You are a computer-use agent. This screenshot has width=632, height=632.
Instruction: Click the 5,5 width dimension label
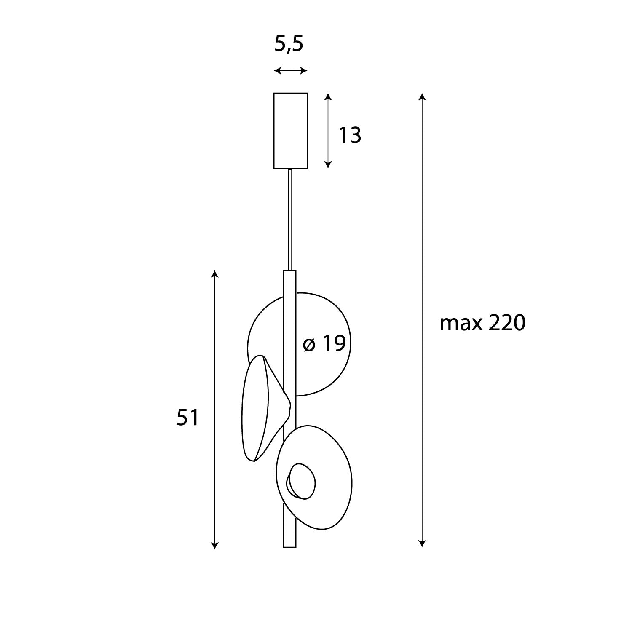coord(289,44)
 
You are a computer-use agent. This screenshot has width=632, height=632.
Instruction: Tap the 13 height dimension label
coord(350,135)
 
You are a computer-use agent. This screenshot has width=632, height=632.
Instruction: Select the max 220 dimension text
coord(482,324)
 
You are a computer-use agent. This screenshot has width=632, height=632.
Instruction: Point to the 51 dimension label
coord(187,418)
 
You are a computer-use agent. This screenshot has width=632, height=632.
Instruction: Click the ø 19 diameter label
coord(324,344)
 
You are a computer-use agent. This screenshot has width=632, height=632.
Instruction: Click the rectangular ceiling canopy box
coord(290,131)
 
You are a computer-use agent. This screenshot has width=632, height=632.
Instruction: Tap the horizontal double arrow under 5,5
coord(290,71)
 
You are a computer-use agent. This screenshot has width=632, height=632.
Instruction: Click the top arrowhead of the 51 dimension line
coord(215,274)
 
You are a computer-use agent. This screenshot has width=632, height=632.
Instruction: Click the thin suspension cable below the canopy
coord(290,219)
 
